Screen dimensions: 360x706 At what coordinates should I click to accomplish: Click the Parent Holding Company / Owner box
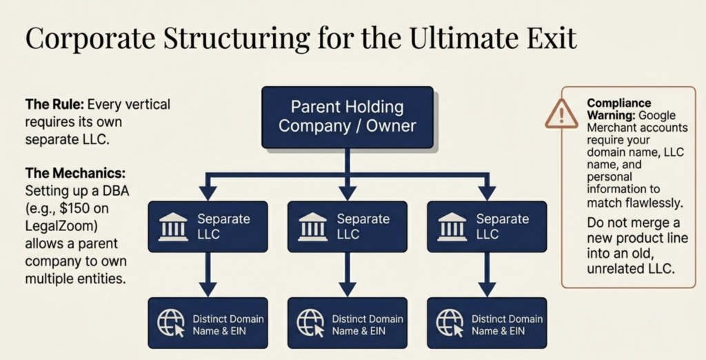[347, 117]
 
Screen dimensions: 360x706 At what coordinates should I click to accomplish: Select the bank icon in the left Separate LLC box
[172, 227]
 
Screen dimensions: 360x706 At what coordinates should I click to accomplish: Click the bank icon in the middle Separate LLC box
[312, 227]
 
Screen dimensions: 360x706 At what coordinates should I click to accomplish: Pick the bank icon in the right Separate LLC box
[452, 227]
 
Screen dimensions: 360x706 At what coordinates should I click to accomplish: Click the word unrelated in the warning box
[618, 269]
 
